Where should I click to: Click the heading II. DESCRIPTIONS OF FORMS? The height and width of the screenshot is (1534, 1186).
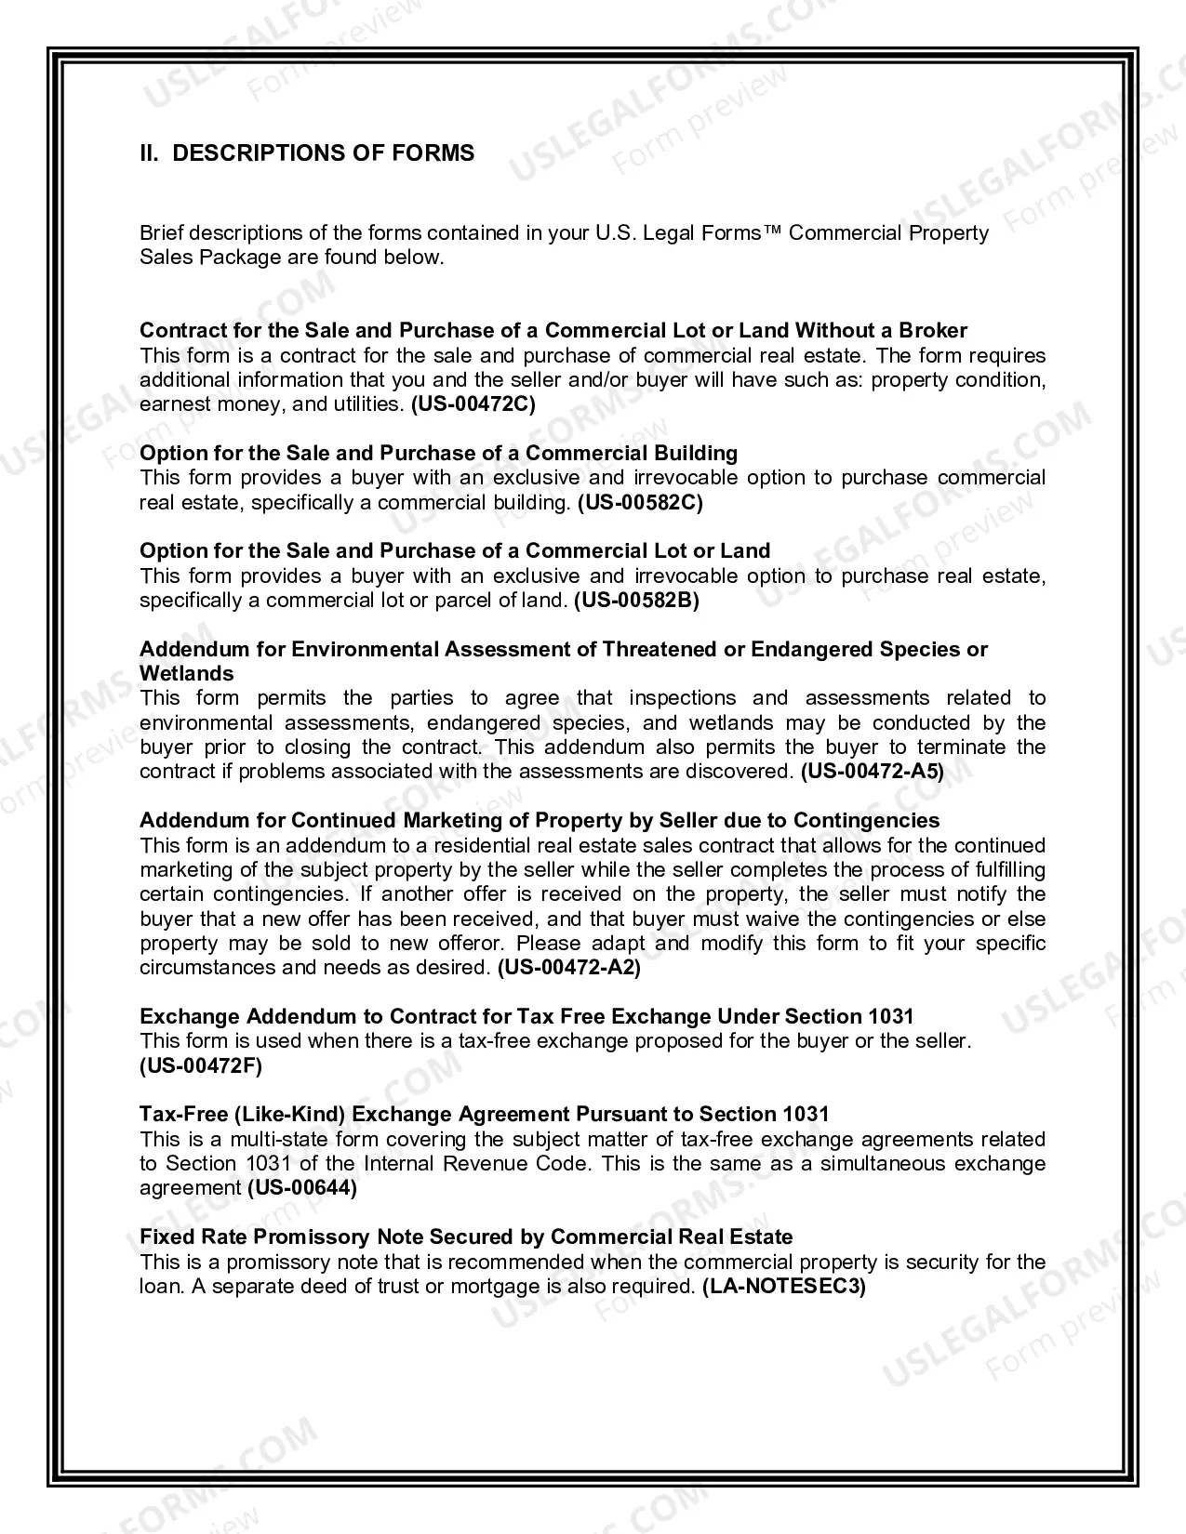(x=307, y=153)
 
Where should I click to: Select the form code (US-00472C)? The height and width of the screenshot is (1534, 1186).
(x=473, y=404)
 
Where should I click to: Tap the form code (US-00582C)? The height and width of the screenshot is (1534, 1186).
(x=640, y=503)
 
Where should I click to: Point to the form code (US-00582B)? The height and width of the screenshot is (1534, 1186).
(x=636, y=601)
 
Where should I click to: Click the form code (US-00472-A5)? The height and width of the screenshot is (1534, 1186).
(x=872, y=772)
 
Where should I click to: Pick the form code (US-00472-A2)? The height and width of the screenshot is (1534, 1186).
(x=569, y=968)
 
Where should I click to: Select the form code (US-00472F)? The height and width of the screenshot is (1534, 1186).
(x=201, y=1066)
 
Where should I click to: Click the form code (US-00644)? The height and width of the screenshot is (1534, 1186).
(x=302, y=1188)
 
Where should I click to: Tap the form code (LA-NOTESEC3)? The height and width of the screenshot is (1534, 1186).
(x=783, y=1287)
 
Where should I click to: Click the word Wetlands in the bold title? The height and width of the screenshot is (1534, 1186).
(x=187, y=674)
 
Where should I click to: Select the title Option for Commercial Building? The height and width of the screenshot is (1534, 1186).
(x=438, y=454)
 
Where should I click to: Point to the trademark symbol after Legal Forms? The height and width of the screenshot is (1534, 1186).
(x=772, y=233)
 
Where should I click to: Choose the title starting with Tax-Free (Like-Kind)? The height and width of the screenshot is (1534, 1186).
(x=484, y=1115)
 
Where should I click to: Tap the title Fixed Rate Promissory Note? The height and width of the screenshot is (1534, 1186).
(x=466, y=1237)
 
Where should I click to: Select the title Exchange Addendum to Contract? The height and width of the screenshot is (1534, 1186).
(x=526, y=1017)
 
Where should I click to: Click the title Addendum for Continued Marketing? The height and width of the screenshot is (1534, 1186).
(x=540, y=821)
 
